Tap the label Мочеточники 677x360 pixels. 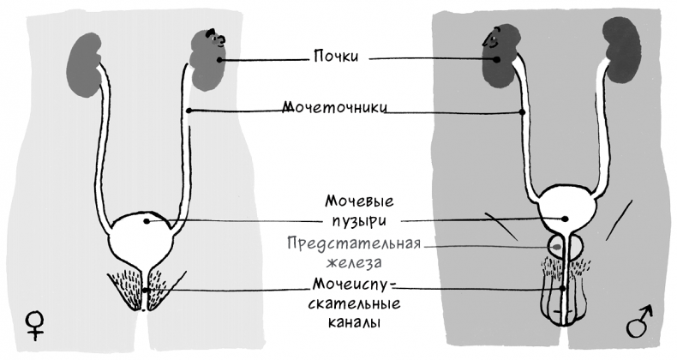click(338, 110)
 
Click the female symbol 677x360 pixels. click(35, 324)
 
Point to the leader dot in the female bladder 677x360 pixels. click(147, 221)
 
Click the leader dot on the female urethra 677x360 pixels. click(146, 291)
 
